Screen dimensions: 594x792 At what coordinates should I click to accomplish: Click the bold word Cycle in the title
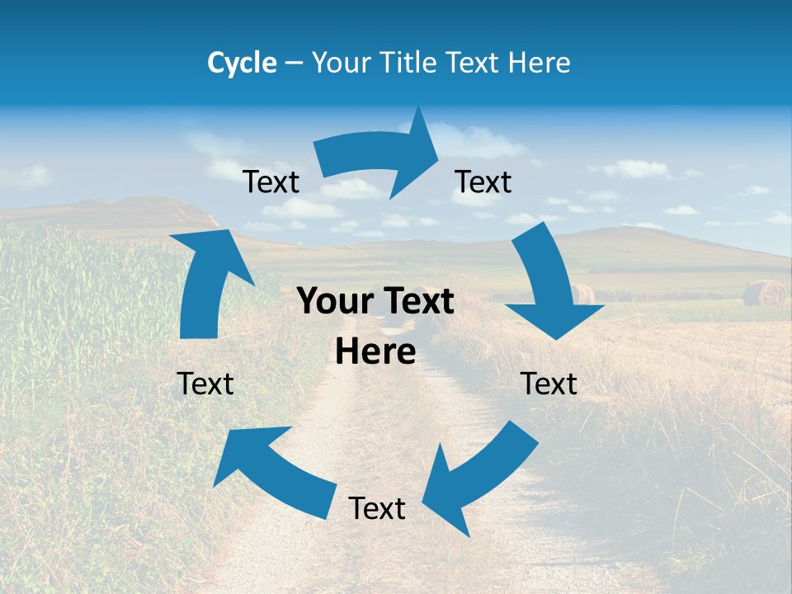(x=242, y=63)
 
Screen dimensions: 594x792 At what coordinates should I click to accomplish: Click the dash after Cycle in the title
(x=294, y=63)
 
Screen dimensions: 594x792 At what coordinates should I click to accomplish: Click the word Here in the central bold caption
(x=375, y=352)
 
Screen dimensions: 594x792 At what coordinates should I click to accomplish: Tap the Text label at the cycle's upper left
(x=271, y=181)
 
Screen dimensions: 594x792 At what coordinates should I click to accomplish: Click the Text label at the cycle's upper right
(x=483, y=181)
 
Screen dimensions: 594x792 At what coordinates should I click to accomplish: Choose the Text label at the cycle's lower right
(x=549, y=384)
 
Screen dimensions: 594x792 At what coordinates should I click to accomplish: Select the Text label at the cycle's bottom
(x=377, y=508)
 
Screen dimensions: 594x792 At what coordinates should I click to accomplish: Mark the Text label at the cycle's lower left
(x=205, y=384)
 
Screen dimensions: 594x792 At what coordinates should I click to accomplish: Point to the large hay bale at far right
(x=764, y=293)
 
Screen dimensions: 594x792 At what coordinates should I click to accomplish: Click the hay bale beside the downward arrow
(x=582, y=293)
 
